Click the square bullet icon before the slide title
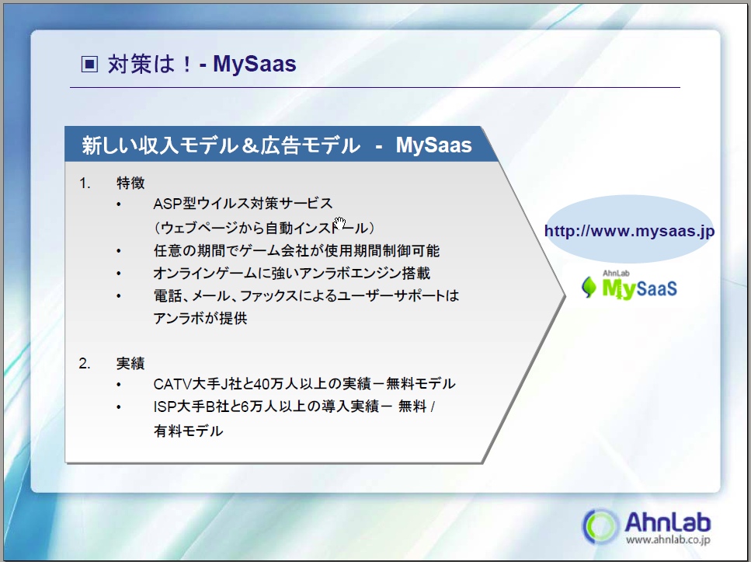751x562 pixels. tap(89, 64)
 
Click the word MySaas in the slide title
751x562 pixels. tap(254, 64)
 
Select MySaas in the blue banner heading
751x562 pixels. tap(433, 145)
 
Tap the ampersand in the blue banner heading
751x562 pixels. tap(251, 145)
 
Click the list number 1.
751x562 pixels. tap(85, 183)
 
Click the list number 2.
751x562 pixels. tap(85, 364)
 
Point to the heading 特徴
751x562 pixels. tap(130, 183)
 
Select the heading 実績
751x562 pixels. tap(130, 363)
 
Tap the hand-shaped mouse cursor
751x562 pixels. tap(339, 223)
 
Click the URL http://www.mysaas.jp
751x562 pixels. tap(629, 231)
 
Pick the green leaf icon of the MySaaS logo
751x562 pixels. tap(589, 288)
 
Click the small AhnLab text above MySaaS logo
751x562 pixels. tap(616, 274)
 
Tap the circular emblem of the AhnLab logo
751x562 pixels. tap(600, 526)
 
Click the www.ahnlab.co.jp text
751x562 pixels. tap(668, 539)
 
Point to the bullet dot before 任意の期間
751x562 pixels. tap(119, 251)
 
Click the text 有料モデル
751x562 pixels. tap(188, 431)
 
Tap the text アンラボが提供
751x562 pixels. tap(200, 318)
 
